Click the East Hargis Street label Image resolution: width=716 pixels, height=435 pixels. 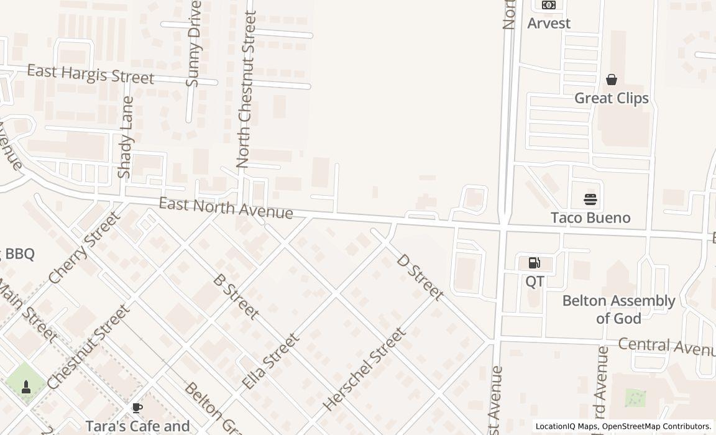(x=90, y=74)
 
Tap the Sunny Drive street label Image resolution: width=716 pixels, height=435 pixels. (x=194, y=43)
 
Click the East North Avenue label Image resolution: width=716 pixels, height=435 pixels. (x=226, y=208)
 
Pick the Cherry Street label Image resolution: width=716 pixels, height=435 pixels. (x=84, y=247)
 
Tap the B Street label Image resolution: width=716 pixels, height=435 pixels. (x=236, y=296)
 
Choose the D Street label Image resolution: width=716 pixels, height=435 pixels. (x=420, y=277)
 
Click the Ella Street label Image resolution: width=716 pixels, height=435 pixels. (x=270, y=361)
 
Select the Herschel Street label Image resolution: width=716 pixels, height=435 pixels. (x=365, y=369)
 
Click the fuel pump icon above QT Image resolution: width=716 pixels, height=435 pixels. (x=534, y=263)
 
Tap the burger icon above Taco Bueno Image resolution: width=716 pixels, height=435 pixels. (x=590, y=199)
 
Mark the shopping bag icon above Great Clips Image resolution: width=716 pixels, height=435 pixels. (x=612, y=80)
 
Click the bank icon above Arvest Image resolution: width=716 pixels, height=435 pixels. (x=548, y=6)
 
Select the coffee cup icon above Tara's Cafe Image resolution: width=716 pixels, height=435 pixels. (x=137, y=408)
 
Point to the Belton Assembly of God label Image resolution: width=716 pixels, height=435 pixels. (x=618, y=309)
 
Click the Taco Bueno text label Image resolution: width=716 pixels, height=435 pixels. (x=590, y=217)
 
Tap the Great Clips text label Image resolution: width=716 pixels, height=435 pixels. (x=612, y=98)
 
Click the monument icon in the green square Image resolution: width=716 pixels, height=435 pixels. (x=26, y=387)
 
